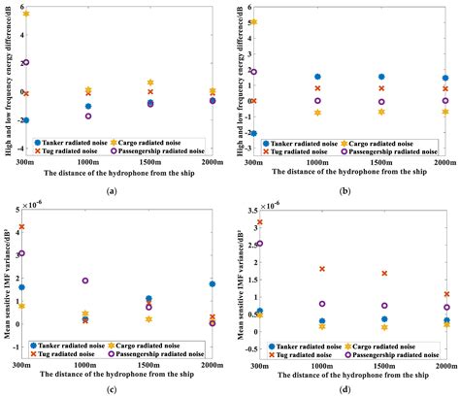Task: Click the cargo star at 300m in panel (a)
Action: [x=26, y=15]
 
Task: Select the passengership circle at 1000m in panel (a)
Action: [x=88, y=116]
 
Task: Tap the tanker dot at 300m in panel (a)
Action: [x=26, y=120]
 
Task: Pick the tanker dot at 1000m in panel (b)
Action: [x=317, y=77]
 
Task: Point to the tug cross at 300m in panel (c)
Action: [x=22, y=226]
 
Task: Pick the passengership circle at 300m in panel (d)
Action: [x=259, y=244]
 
